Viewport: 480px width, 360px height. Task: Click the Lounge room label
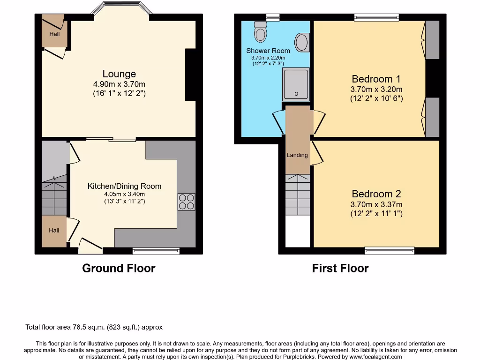pos(119,74)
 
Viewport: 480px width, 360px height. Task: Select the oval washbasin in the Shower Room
pos(303,42)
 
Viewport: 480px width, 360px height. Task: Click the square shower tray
pos(296,84)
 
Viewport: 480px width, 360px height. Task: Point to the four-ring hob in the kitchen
pos(186,202)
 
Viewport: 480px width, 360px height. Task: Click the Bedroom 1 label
pos(376,79)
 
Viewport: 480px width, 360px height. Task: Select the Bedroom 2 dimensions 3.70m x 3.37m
pos(376,204)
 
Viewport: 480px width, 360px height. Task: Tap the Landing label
pos(297,155)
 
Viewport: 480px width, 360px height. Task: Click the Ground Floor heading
pos(119,268)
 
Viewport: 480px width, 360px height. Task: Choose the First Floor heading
pos(340,268)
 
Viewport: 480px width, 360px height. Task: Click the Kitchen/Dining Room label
pos(124,186)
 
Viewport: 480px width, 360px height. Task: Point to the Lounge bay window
pos(121,8)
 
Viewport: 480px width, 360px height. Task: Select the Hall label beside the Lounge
pos(54,34)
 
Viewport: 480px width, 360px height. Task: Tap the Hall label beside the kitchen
pos(54,230)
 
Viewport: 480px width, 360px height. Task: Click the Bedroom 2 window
pos(390,251)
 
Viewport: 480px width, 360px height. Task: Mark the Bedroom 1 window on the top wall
pos(376,17)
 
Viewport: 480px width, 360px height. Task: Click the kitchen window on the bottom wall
pos(156,251)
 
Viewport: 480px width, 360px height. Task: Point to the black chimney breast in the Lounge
pos(191,75)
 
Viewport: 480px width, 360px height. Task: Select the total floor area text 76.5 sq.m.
pos(94,327)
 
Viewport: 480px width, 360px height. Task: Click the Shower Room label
pos(268,51)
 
